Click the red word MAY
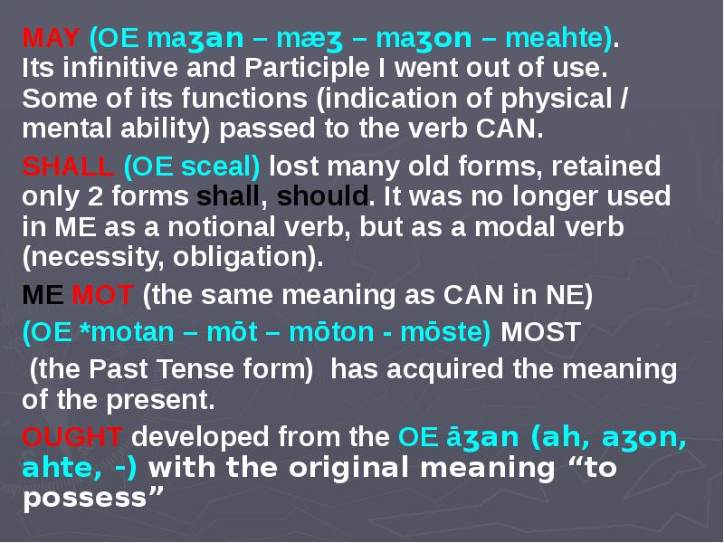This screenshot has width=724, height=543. [x=51, y=38]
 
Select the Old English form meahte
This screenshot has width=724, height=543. [x=554, y=38]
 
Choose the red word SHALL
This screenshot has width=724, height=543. [x=68, y=167]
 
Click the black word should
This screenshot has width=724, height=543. [x=322, y=196]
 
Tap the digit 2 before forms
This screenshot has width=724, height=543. [x=95, y=196]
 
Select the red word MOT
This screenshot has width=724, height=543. [x=102, y=295]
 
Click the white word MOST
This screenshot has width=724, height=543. [x=540, y=332]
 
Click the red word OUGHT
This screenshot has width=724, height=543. [x=72, y=436]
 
